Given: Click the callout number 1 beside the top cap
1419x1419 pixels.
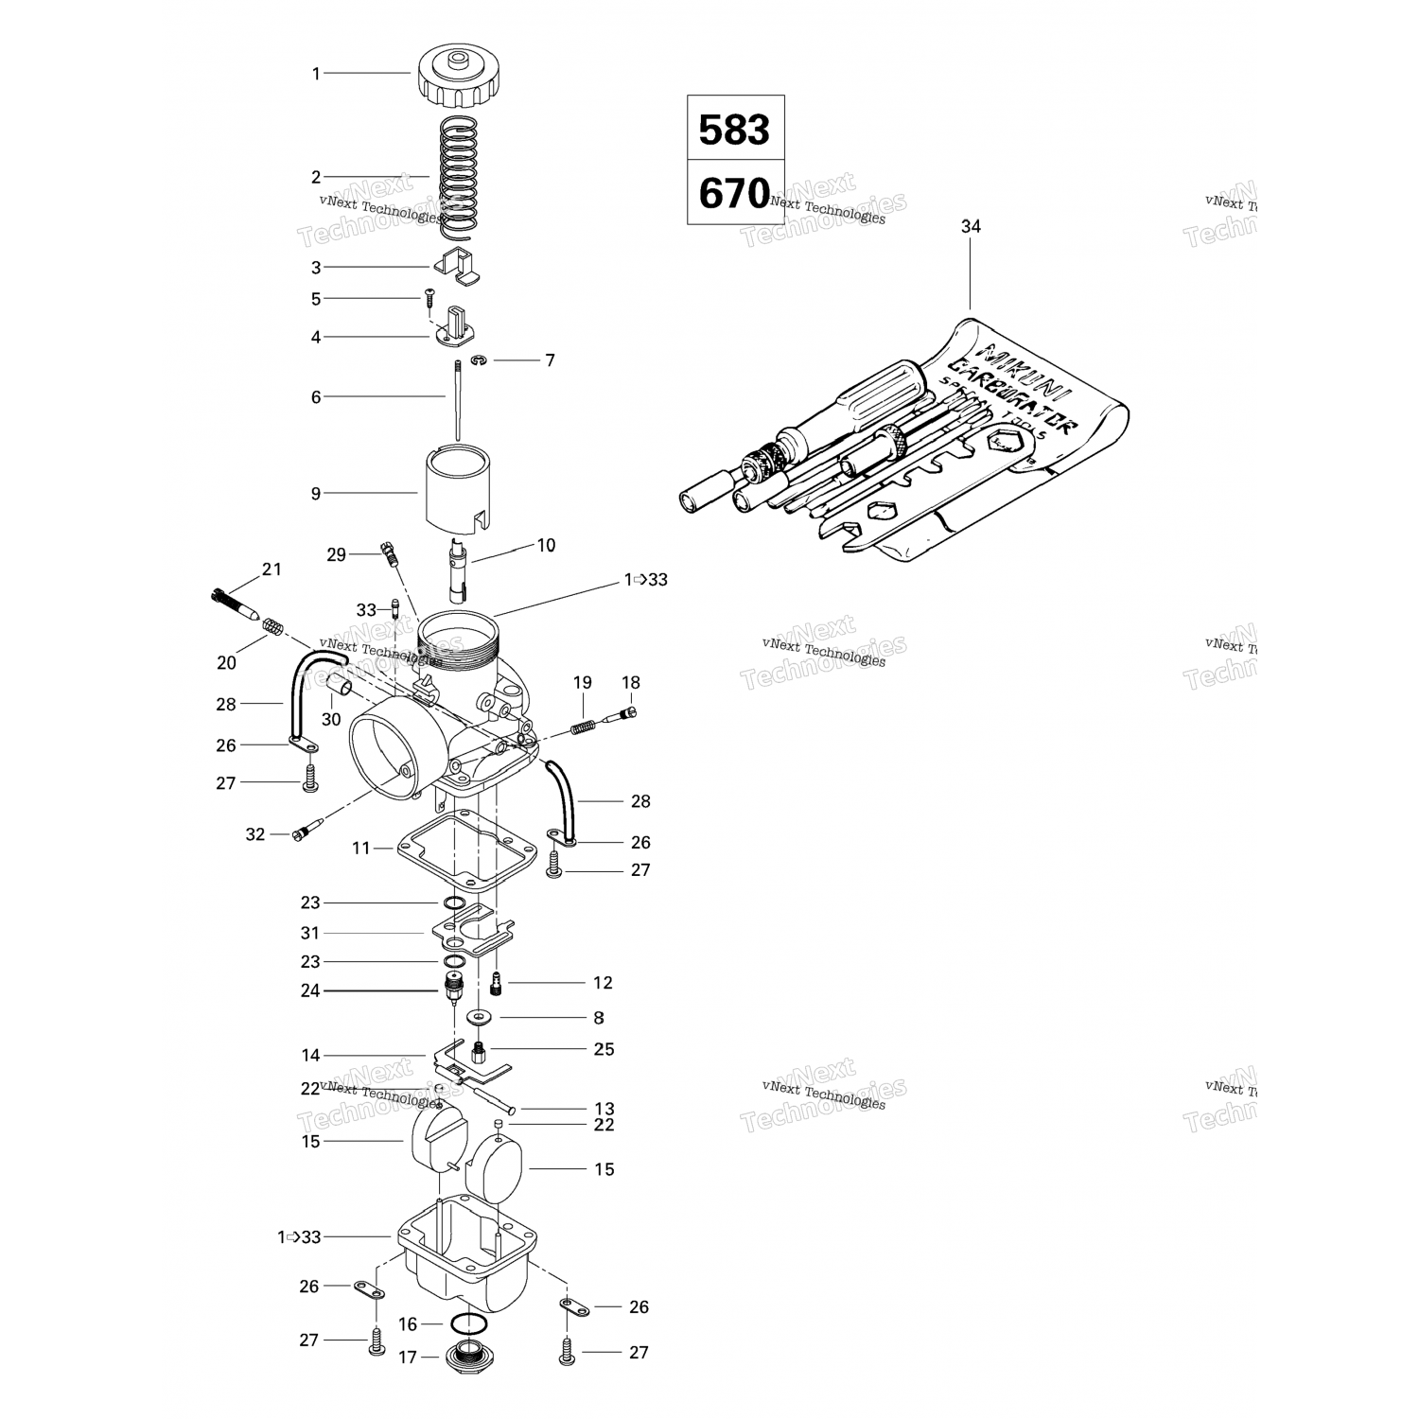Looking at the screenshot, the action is (x=317, y=74).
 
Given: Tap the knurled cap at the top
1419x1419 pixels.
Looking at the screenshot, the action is (x=456, y=80).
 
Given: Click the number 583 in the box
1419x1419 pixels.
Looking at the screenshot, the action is (x=735, y=130).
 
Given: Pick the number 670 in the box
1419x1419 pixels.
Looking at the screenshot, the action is (x=735, y=194).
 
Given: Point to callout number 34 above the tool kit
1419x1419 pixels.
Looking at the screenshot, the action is (x=971, y=227).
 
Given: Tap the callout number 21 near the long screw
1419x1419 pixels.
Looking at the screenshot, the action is (x=272, y=569).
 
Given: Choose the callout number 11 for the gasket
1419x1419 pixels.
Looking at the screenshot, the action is (x=361, y=849).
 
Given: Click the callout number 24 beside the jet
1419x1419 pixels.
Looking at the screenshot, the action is (x=310, y=991).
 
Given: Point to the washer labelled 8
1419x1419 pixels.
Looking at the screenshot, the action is (x=482, y=1018).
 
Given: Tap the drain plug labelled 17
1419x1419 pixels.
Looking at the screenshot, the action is (x=464, y=1357).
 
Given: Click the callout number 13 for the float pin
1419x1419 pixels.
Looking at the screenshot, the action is (x=604, y=1109).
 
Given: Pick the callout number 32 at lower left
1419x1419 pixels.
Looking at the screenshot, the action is (x=255, y=835).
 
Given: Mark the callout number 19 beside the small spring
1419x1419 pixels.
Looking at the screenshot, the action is (x=582, y=683).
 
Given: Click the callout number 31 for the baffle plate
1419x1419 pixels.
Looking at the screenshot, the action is (x=310, y=934).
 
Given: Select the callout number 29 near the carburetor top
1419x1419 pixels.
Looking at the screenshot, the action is (x=337, y=555).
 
